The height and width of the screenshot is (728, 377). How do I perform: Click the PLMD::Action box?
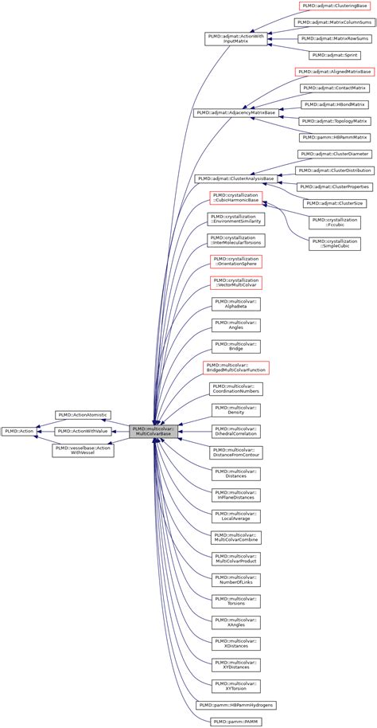tap(19, 431)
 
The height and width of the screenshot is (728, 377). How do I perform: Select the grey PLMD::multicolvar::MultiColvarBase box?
tap(154, 431)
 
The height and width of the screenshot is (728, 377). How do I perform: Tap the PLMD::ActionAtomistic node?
tap(81, 415)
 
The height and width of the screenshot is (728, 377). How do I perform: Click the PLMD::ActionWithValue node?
tap(81, 431)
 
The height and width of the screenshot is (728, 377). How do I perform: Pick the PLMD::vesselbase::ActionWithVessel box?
tap(81, 450)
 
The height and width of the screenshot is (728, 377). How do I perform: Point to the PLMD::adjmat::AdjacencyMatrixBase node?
tap(236, 112)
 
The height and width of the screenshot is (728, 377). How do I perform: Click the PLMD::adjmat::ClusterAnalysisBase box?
tap(236, 178)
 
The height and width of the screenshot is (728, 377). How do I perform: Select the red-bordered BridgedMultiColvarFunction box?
tap(236, 367)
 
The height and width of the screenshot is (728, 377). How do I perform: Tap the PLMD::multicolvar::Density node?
tap(236, 410)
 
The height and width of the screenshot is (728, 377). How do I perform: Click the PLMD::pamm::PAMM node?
tap(236, 721)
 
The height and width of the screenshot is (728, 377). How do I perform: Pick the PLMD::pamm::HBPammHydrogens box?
tap(236, 705)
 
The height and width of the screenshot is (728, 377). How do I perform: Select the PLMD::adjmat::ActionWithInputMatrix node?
tap(236, 37)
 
